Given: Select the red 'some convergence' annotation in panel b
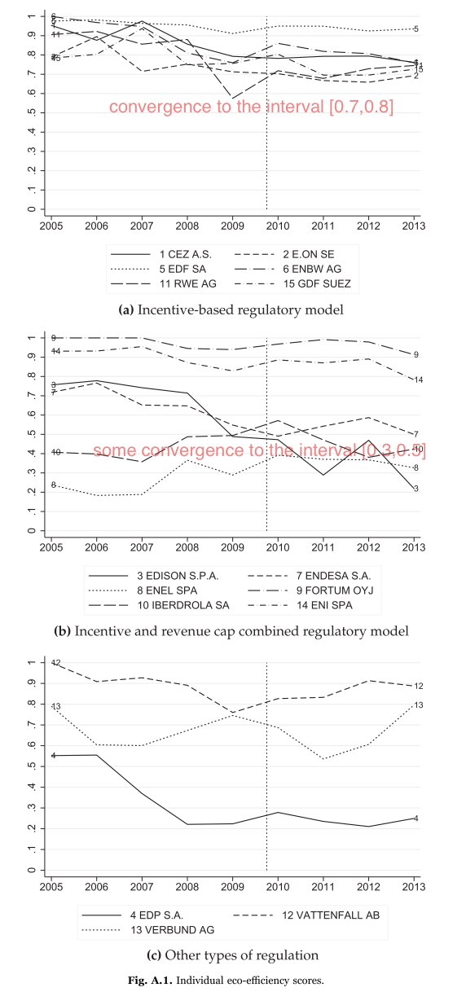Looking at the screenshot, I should (259, 450).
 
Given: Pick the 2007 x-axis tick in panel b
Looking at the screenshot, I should (142, 545).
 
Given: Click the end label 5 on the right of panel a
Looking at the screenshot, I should (416, 29).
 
